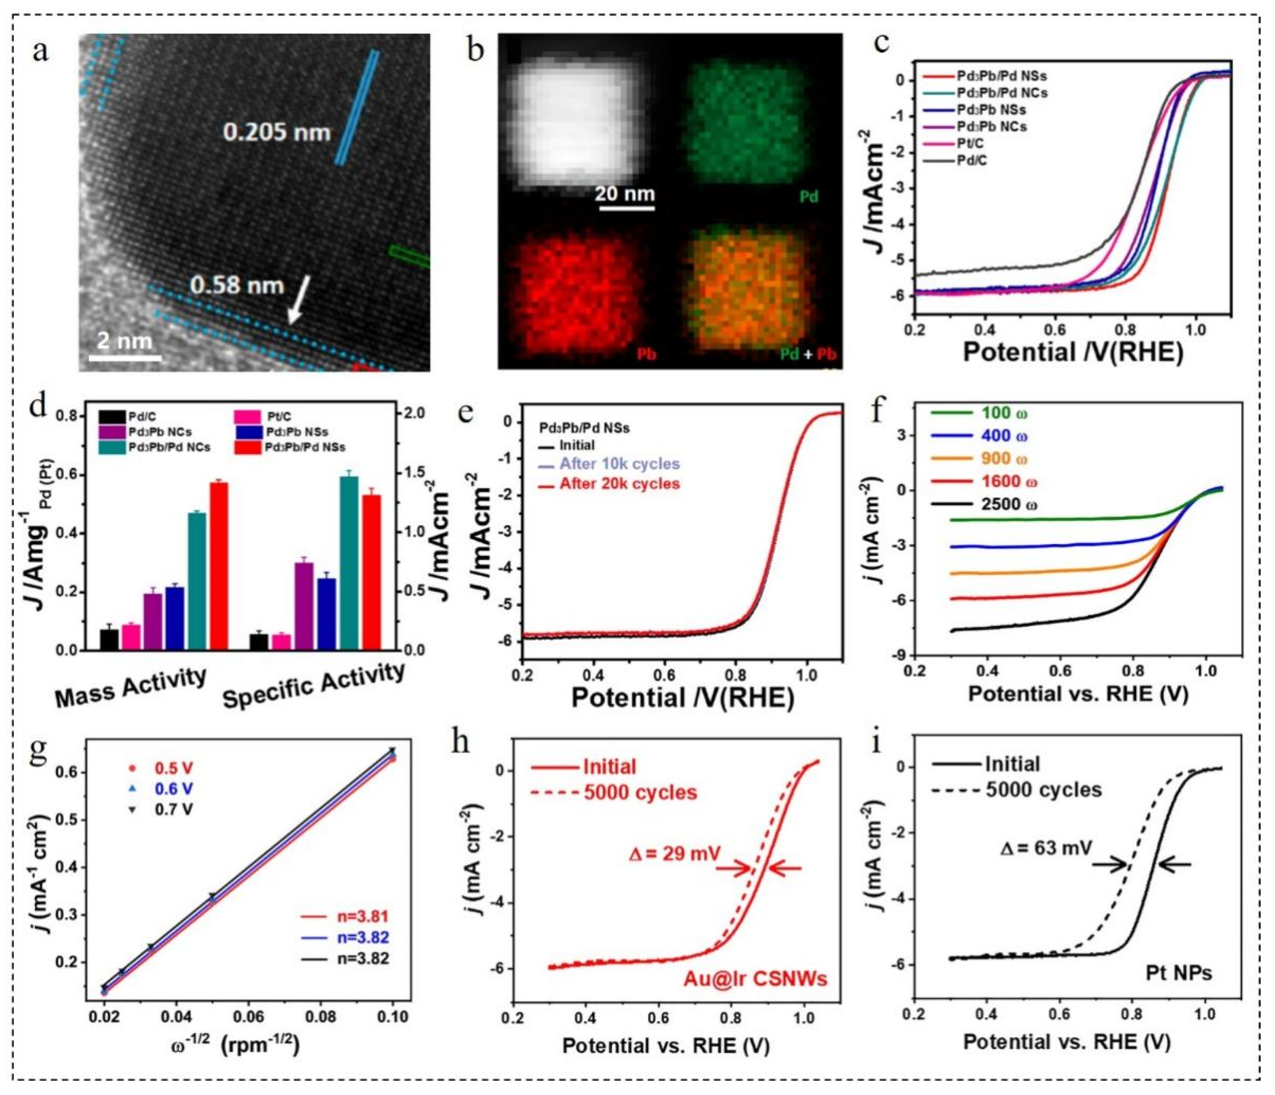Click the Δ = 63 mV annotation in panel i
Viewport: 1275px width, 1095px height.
pyautogui.click(x=1046, y=848)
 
